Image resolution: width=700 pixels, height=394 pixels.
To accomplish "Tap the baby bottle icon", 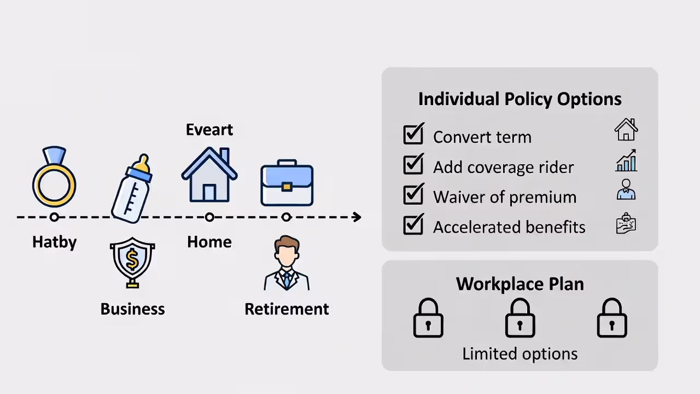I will click(132, 189).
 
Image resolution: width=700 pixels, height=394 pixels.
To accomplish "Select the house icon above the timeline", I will click(209, 175).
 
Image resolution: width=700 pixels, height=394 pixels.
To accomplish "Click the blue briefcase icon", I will click(287, 183).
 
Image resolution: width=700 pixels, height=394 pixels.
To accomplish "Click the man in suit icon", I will click(287, 264).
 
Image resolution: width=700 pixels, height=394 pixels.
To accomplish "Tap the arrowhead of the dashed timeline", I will click(357, 217).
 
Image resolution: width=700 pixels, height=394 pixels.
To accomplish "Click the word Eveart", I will click(209, 130).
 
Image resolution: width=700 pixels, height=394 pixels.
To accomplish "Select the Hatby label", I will click(54, 242).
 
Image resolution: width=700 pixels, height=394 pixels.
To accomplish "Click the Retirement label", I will click(287, 309).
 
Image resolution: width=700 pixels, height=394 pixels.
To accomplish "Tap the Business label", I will click(132, 309).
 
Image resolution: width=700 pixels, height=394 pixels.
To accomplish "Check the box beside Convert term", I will click(413, 135).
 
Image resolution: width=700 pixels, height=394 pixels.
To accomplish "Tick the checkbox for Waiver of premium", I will click(413, 195).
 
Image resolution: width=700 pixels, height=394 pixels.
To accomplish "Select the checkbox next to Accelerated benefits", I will click(413, 225).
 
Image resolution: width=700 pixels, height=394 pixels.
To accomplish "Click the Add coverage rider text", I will click(503, 167).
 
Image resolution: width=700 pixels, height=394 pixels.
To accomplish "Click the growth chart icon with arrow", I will click(626, 161).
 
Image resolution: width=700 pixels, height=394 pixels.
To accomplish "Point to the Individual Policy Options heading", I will click(520, 99).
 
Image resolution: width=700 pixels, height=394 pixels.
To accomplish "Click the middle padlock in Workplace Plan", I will click(520, 318).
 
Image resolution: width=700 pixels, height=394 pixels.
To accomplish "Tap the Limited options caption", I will click(520, 354).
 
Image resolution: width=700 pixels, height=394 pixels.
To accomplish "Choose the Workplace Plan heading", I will click(520, 284).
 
